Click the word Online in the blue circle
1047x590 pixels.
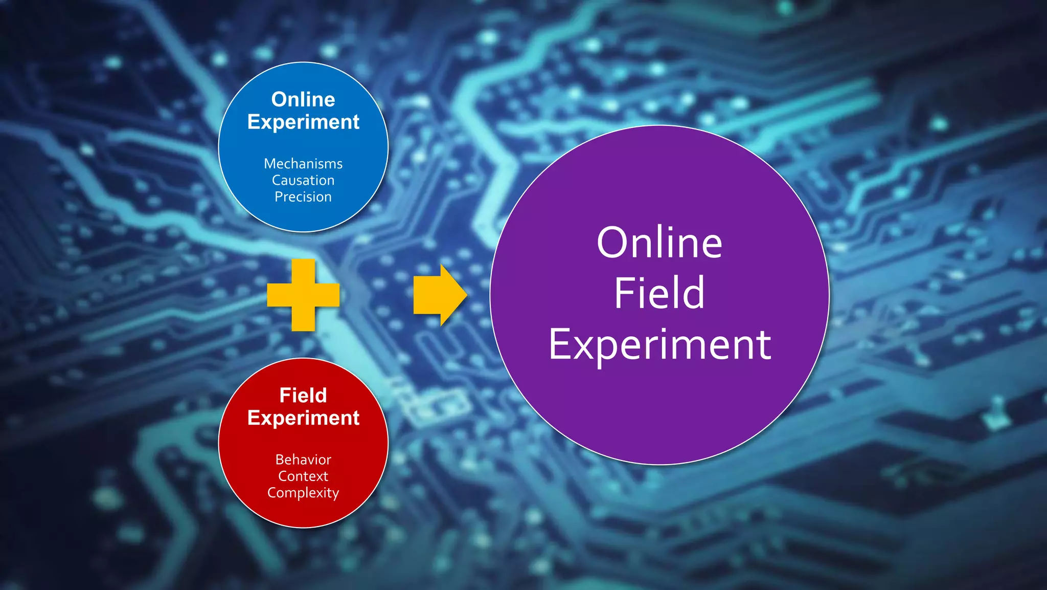[303, 99]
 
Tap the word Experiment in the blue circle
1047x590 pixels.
[303, 122]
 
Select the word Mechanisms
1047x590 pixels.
[303, 164]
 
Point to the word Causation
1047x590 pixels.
[303, 180]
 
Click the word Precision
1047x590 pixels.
[303, 197]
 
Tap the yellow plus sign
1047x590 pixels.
[303, 295]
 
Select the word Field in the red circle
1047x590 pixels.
[303, 395]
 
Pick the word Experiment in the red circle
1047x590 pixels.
[303, 418]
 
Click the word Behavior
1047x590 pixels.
[303, 460]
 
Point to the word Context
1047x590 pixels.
[303, 476]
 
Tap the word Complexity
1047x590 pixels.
[303, 493]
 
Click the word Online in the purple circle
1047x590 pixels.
[659, 243]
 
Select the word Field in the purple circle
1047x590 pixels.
[659, 293]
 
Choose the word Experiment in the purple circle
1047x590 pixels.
[659, 345]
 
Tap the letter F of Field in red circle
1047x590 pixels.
[285, 395]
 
